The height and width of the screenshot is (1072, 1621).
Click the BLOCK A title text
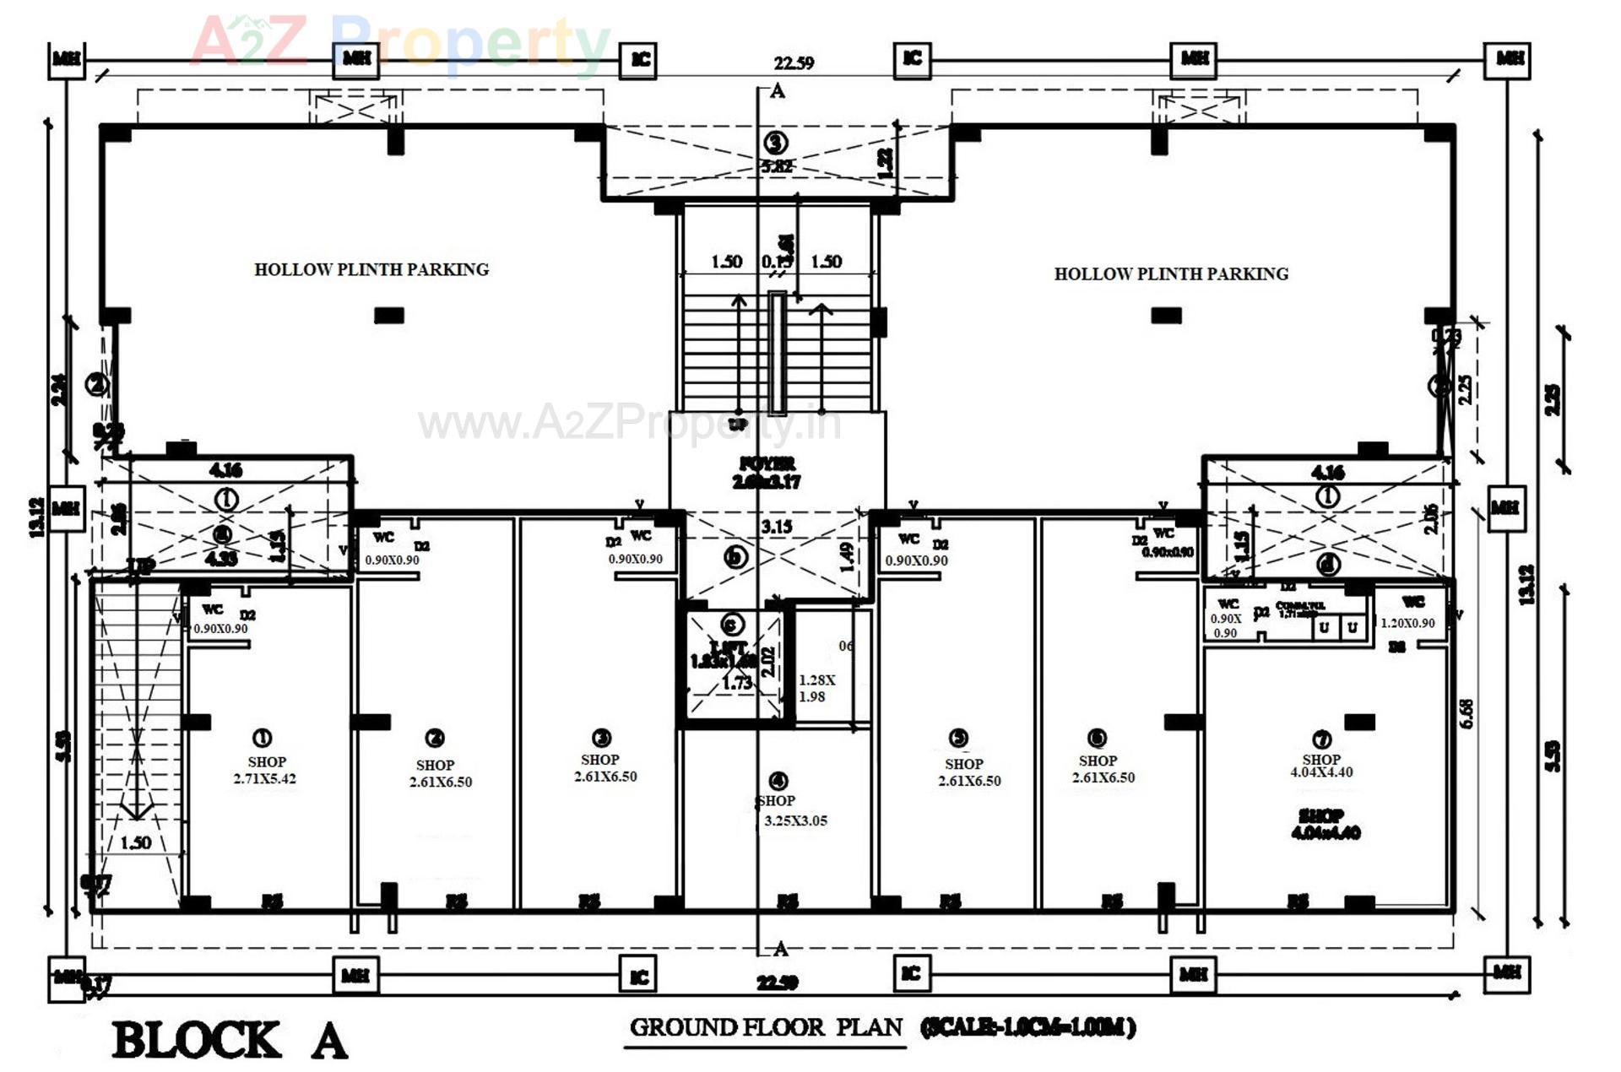pyautogui.click(x=230, y=1040)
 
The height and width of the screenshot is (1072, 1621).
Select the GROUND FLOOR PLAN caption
pyautogui.click(x=766, y=1027)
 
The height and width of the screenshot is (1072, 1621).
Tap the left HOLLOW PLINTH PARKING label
pyautogui.click(x=371, y=269)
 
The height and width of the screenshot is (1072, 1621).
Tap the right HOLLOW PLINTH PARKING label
pyautogui.click(x=1171, y=273)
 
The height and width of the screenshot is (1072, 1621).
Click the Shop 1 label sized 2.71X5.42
pyautogui.click(x=265, y=770)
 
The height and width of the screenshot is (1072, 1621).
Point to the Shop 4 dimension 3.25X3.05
pyautogui.click(x=795, y=820)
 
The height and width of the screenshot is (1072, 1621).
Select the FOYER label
pyautogui.click(x=767, y=463)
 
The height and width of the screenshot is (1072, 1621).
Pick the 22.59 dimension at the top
pyautogui.click(x=794, y=63)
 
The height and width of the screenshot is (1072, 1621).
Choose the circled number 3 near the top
pyautogui.click(x=776, y=143)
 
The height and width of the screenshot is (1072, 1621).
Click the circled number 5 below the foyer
pyautogui.click(x=735, y=557)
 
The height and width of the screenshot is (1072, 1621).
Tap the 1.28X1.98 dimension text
pyautogui.click(x=816, y=688)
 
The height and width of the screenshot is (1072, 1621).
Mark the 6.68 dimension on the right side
pyautogui.click(x=1466, y=713)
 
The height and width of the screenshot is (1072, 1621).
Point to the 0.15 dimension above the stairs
pyautogui.click(x=777, y=262)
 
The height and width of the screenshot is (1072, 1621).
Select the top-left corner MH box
pyautogui.click(x=67, y=59)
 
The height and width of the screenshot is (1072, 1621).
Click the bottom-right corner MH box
pyautogui.click(x=1508, y=972)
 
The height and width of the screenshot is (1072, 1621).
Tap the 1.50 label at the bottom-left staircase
pyautogui.click(x=135, y=842)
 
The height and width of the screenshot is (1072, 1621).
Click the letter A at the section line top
pyautogui.click(x=778, y=91)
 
